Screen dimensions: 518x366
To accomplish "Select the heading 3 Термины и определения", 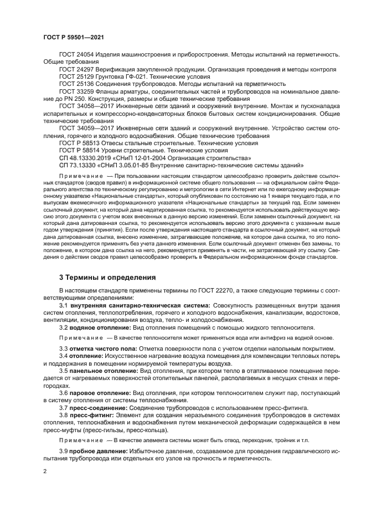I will [x=108, y=276].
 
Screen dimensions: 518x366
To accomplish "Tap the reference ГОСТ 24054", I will [x=76, y=55].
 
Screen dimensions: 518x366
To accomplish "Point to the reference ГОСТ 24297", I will [x=76, y=69].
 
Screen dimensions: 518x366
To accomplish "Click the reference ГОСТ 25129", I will [x=76, y=76].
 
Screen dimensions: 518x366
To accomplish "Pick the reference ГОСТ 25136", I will [x=76, y=84].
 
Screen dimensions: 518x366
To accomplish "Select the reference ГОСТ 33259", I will [x=76, y=91].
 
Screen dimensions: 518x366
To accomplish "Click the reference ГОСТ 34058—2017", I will [x=86, y=105].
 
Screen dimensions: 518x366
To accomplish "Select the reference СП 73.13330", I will [x=77, y=164].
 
